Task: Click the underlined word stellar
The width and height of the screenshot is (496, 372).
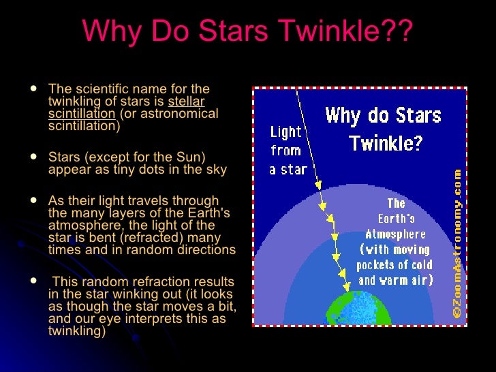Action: pos(186,102)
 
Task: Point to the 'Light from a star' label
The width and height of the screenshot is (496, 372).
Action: pos(289,151)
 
